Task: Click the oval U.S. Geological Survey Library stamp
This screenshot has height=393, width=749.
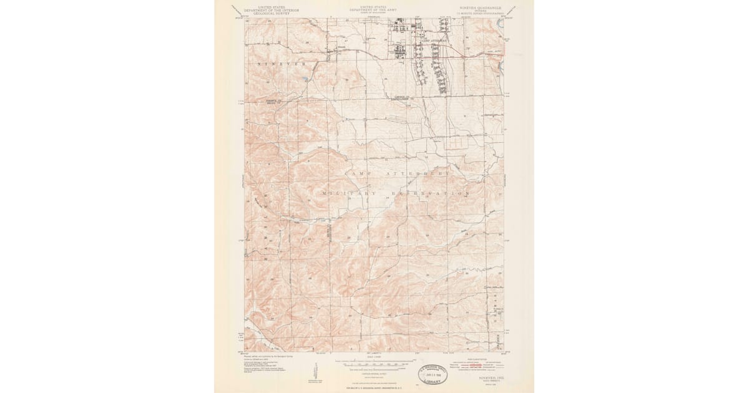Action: (x=433, y=374)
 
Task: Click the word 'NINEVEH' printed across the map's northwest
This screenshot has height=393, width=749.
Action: (x=280, y=64)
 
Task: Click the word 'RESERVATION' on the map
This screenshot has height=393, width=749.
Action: (x=431, y=194)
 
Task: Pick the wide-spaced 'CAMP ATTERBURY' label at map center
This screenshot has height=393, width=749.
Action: (x=397, y=172)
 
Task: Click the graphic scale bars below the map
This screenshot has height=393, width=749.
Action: (x=374, y=363)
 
